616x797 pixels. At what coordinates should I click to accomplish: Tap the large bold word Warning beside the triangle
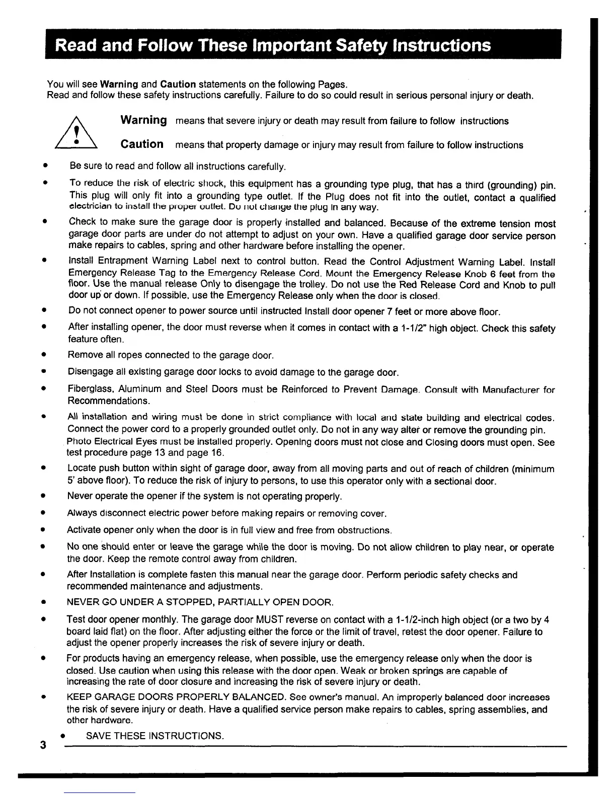[144, 121]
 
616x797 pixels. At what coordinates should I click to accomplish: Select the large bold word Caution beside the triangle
[142, 144]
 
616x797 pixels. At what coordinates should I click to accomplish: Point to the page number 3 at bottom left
[44, 745]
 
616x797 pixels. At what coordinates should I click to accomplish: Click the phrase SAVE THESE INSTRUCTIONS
[155, 736]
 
